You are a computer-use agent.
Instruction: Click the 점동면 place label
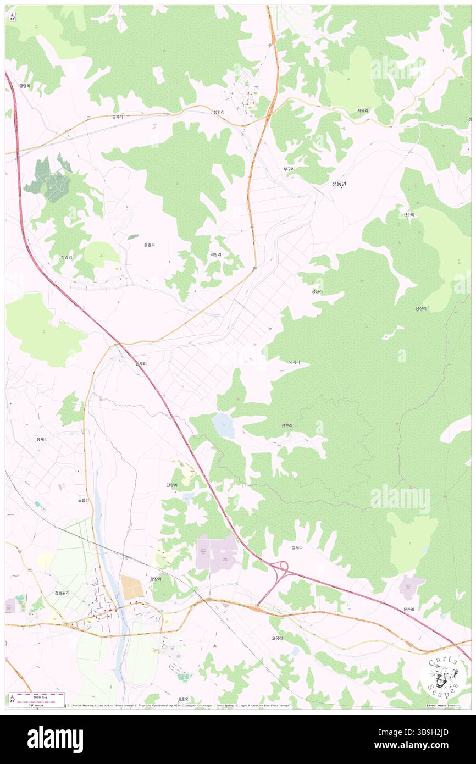coord(340,185)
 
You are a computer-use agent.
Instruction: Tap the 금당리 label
coord(24,86)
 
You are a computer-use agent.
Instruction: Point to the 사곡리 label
coord(363,110)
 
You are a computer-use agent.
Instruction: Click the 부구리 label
coord(289,169)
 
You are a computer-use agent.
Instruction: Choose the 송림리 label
coord(149,245)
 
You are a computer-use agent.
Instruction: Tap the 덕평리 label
coord(215,254)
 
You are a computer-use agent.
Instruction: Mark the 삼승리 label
coord(67,257)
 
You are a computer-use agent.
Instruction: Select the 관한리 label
coord(286,425)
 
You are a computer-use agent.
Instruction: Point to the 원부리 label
coord(141,363)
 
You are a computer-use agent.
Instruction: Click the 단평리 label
coord(171,485)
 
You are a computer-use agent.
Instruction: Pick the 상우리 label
coord(297,547)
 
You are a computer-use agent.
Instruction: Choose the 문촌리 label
coord(408,609)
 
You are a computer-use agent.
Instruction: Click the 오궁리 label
coord(277,639)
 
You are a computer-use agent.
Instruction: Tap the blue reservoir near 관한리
coord(224,425)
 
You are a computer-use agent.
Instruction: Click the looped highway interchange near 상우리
coord(282,566)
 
